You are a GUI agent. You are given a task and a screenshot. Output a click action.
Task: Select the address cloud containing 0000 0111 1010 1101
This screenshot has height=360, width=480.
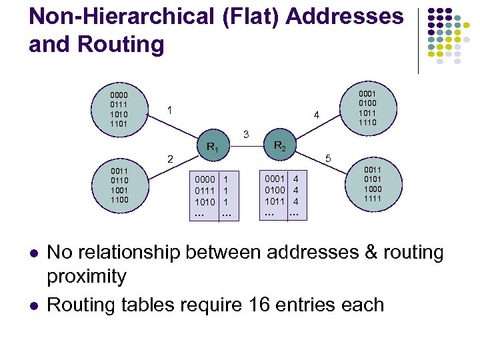pos(120,108)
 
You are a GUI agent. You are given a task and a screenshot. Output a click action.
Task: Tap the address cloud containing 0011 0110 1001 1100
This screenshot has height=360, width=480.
pos(121,185)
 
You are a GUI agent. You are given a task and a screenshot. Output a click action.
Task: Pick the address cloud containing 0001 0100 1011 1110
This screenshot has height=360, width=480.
pos(368,109)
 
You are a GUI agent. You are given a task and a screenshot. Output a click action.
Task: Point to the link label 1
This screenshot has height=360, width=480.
pos(170,109)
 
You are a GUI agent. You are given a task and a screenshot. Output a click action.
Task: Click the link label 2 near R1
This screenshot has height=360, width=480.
pos(170,159)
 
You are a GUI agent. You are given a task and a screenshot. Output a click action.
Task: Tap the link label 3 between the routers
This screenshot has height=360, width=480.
pos(246,135)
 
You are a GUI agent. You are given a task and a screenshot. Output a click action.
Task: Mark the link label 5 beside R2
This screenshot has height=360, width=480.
pos(327,159)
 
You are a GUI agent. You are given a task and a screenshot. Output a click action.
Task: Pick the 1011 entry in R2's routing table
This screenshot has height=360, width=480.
pos(275,201)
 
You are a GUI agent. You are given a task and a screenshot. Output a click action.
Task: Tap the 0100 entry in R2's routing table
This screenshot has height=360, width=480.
pos(275,190)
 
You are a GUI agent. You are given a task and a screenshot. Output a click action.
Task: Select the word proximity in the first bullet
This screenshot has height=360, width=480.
pos(87,276)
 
